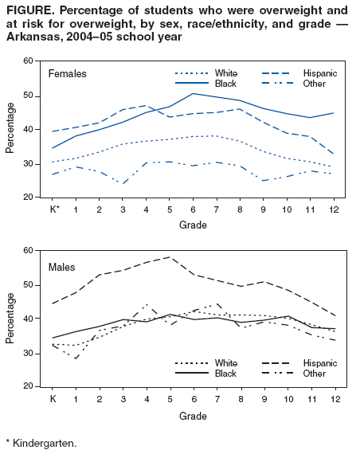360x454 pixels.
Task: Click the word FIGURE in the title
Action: [x=29, y=10]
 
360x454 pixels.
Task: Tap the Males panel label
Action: [x=62, y=265]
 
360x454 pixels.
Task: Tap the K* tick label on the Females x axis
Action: [x=54, y=209]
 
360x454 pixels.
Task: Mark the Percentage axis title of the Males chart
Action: [x=10, y=319]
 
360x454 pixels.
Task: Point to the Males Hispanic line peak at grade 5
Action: [x=170, y=257]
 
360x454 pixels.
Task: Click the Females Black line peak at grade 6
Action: [x=193, y=94]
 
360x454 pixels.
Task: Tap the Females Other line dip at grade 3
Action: [x=123, y=183]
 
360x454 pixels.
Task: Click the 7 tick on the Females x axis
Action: [x=217, y=209]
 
